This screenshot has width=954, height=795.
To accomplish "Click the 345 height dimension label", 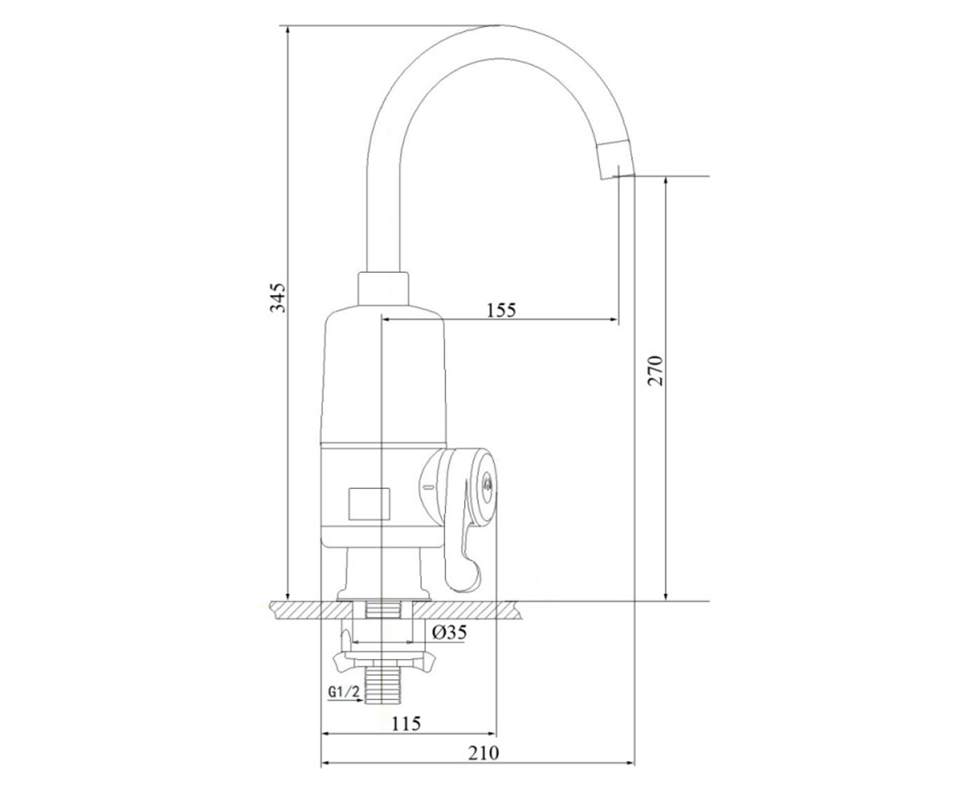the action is click(277, 298).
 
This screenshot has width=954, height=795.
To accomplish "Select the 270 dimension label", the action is click(655, 370).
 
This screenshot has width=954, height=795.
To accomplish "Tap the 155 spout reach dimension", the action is click(501, 310).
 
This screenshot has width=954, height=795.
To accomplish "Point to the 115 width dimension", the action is click(406, 723).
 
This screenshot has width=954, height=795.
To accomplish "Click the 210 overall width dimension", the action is click(483, 753).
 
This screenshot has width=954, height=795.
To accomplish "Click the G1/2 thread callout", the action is click(343, 692).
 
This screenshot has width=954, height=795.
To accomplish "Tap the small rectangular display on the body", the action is click(369, 503).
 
